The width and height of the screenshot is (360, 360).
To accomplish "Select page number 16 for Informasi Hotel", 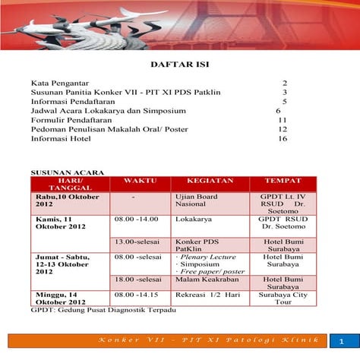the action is click(283, 139).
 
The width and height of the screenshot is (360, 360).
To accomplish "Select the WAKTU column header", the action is click(141, 183).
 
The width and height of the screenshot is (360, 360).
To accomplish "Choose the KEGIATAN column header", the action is click(204, 183).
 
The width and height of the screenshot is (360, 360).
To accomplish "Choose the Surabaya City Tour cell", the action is click(276, 297).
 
